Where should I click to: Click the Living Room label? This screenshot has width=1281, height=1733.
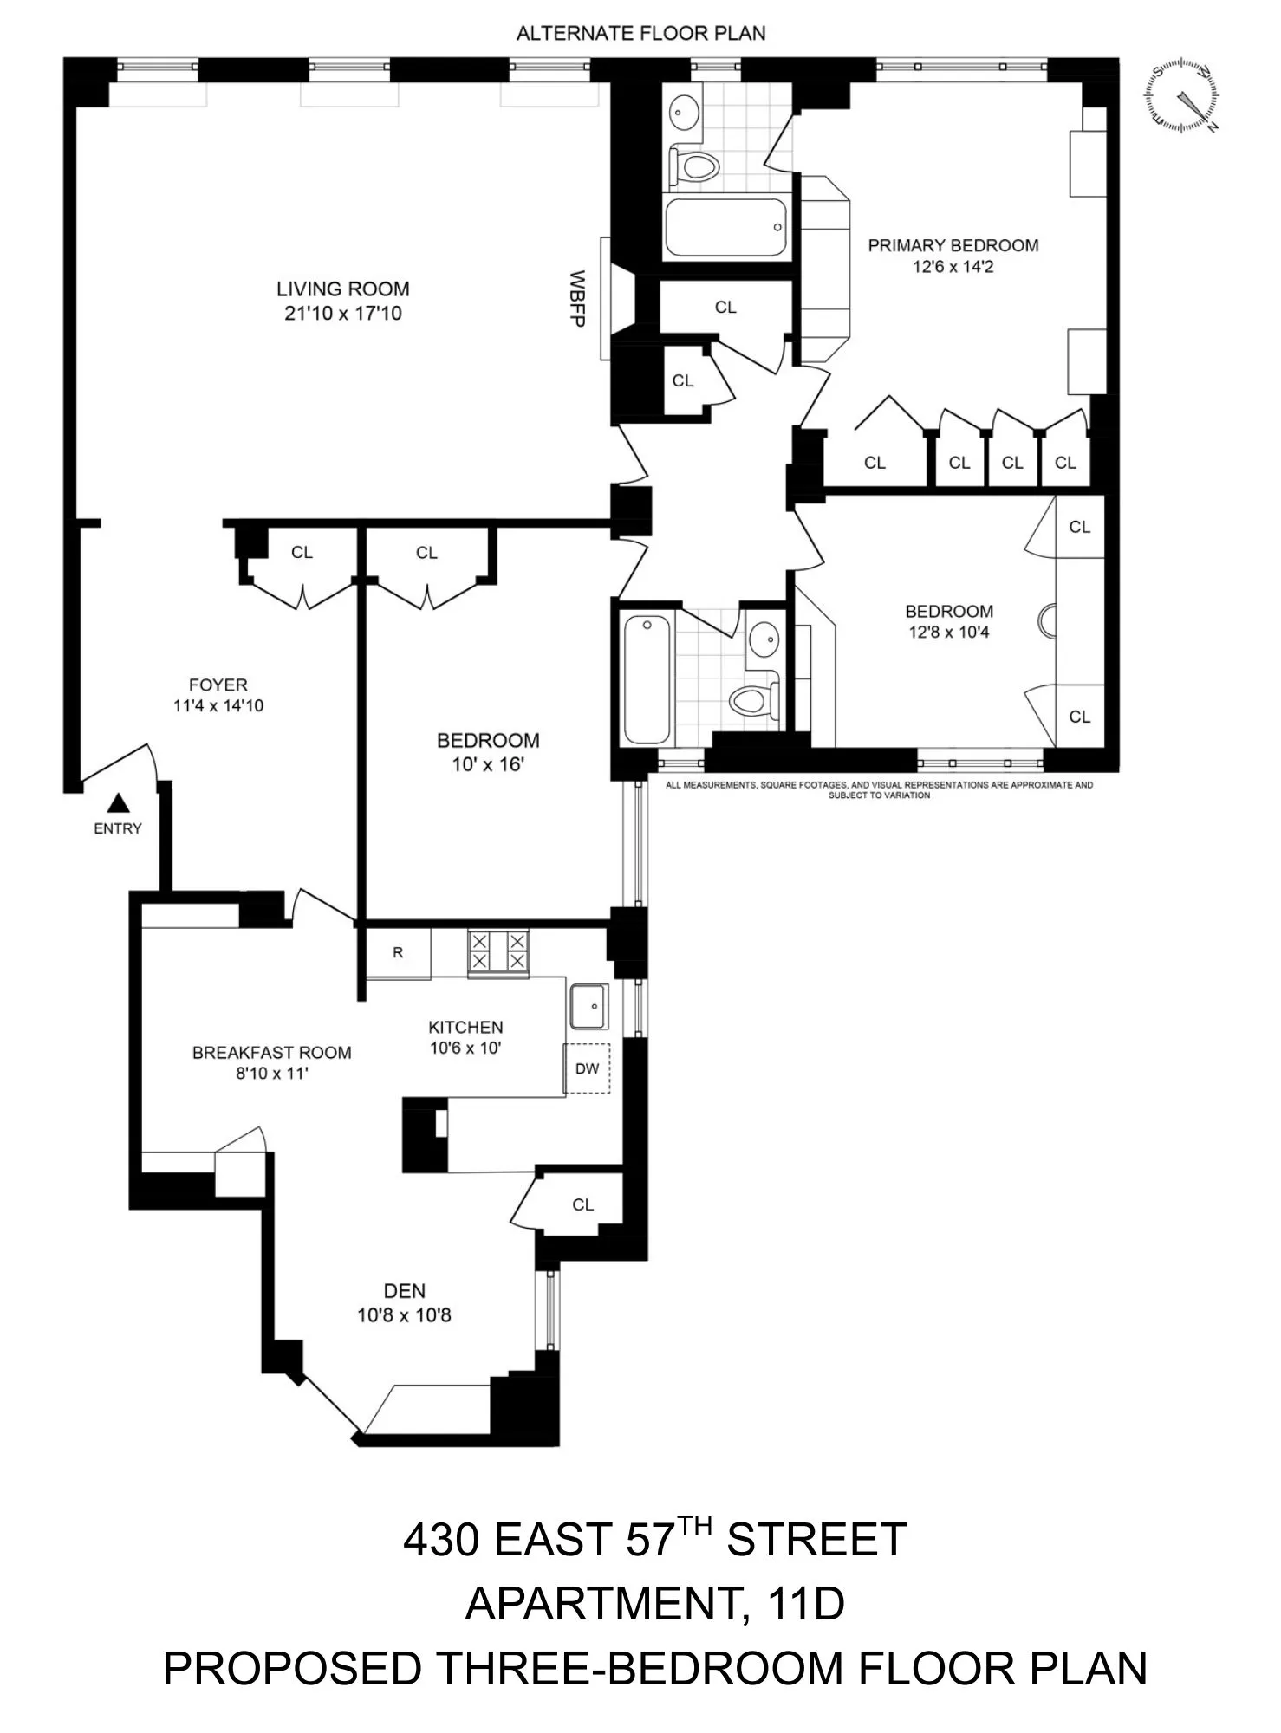click(x=342, y=289)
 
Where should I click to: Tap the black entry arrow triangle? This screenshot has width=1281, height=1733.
click(x=119, y=803)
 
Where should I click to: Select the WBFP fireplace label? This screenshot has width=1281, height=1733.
click(x=577, y=299)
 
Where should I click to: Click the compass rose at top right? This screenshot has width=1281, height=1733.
click(x=1183, y=95)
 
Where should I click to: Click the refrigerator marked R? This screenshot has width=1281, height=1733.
click(x=398, y=953)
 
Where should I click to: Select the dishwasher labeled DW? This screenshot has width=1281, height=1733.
click(x=588, y=1068)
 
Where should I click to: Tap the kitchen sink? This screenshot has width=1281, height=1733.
click(x=589, y=1006)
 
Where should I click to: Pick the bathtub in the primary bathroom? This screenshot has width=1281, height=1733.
click(x=726, y=227)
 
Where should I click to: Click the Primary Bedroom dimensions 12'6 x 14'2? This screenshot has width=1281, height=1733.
click(x=953, y=267)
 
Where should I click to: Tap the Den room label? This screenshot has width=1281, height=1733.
click(x=405, y=1291)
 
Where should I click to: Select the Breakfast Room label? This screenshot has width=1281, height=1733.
click(x=271, y=1053)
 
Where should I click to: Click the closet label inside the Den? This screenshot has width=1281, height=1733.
click(x=583, y=1204)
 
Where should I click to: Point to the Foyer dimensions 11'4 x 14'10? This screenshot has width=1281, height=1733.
click(x=218, y=705)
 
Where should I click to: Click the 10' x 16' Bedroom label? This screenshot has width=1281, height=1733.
click(x=488, y=764)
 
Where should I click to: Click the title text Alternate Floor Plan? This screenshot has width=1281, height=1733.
click(x=640, y=34)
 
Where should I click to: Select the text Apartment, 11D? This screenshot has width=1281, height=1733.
click(x=654, y=1603)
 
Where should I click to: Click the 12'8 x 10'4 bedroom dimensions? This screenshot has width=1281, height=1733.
click(x=949, y=633)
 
